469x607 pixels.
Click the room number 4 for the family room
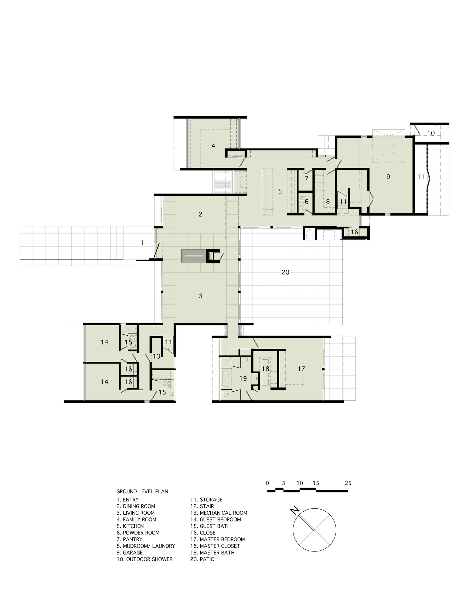coord(213,146)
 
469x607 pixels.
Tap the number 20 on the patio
coord(285,272)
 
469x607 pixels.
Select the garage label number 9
coord(388,177)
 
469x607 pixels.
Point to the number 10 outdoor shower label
coord(431,133)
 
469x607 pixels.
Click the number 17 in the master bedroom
coord(301,369)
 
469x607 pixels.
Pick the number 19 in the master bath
coord(243,378)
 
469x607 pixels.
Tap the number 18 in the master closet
coord(265,369)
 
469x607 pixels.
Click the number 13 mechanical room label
coord(156,356)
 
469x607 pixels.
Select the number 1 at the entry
coord(142,243)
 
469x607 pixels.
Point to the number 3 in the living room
coord(200,296)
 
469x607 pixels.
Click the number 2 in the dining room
coord(200,214)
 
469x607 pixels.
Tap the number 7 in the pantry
coord(307,179)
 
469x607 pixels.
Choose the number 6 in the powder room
coord(307,202)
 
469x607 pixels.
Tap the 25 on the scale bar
coord(348,483)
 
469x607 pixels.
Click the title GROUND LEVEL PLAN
coord(142,491)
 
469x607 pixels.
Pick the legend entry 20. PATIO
coord(202,559)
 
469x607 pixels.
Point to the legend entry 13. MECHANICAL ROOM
coord(219,513)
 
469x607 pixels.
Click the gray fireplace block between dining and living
coord(193,256)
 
